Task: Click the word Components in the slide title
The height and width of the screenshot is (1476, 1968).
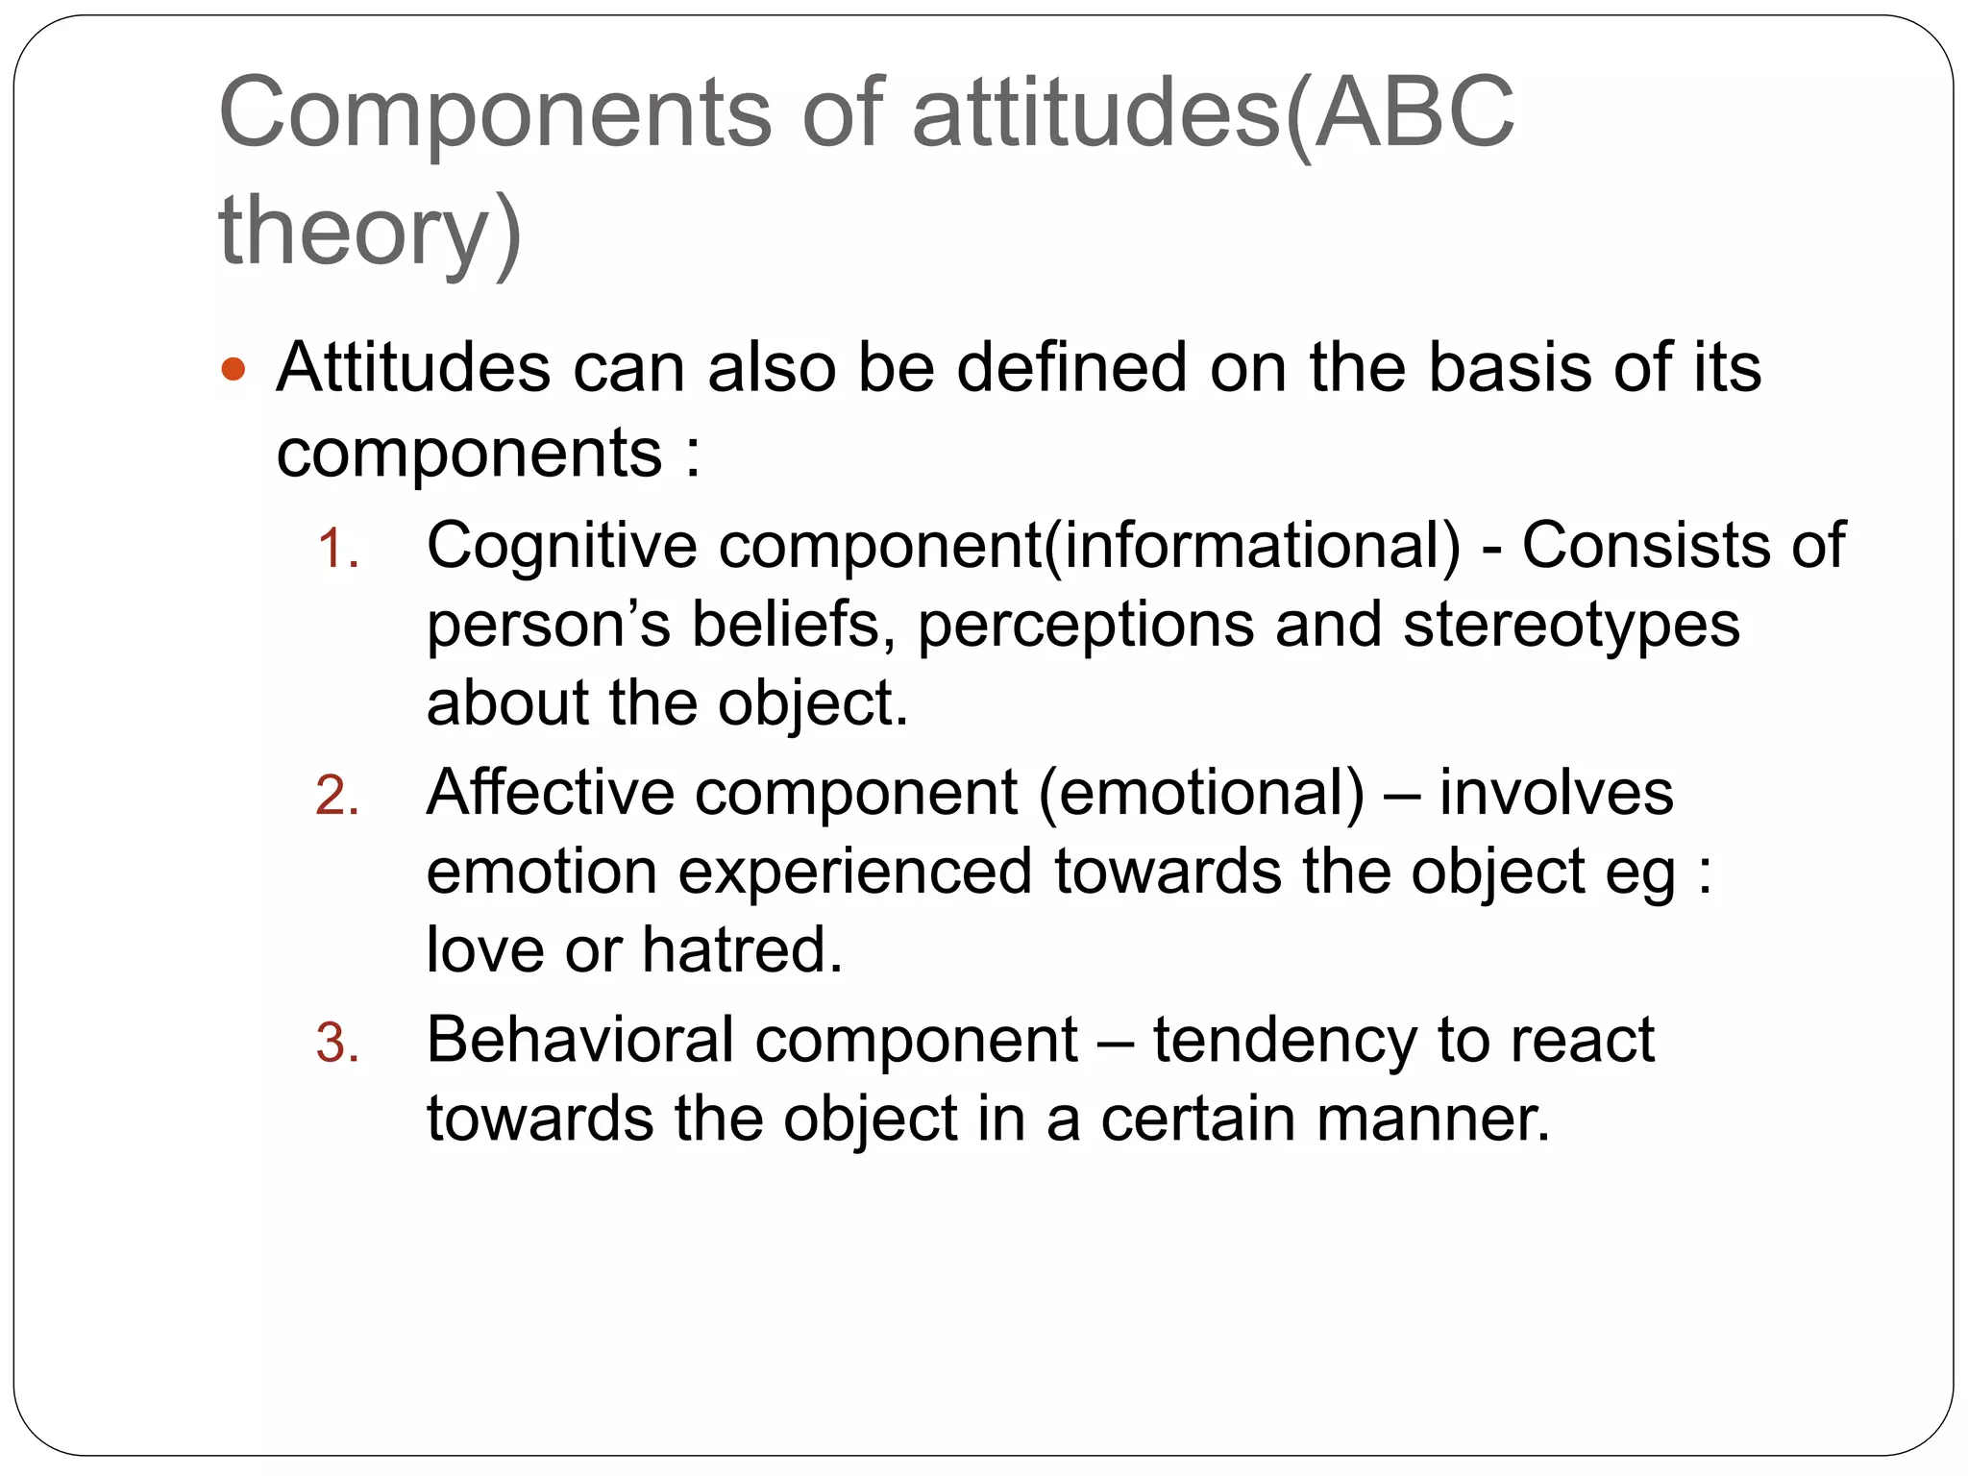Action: pyautogui.click(x=495, y=113)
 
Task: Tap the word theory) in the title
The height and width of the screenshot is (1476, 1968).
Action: pyautogui.click(x=370, y=232)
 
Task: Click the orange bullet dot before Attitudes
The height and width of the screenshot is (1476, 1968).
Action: pyautogui.click(x=234, y=369)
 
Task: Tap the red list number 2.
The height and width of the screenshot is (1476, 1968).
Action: pyautogui.click(x=337, y=798)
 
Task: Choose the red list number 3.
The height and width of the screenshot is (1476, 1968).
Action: pyautogui.click(x=337, y=1045)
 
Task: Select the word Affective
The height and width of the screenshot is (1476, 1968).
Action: pyautogui.click(x=551, y=794)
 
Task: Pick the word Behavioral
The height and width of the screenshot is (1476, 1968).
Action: pyautogui.click(x=579, y=1040)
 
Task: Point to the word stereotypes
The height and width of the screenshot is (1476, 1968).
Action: pyautogui.click(x=1571, y=626)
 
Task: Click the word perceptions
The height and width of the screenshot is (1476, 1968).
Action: pyautogui.click(x=1086, y=626)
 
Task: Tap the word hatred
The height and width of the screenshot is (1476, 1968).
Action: pyautogui.click(x=742, y=950)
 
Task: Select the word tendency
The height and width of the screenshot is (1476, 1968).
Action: pyautogui.click(x=1285, y=1040)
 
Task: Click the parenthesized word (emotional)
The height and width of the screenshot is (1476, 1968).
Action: pyautogui.click(x=1201, y=794)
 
